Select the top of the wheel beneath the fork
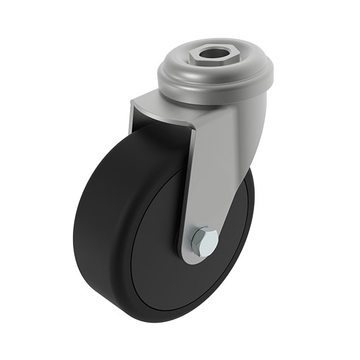159,137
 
